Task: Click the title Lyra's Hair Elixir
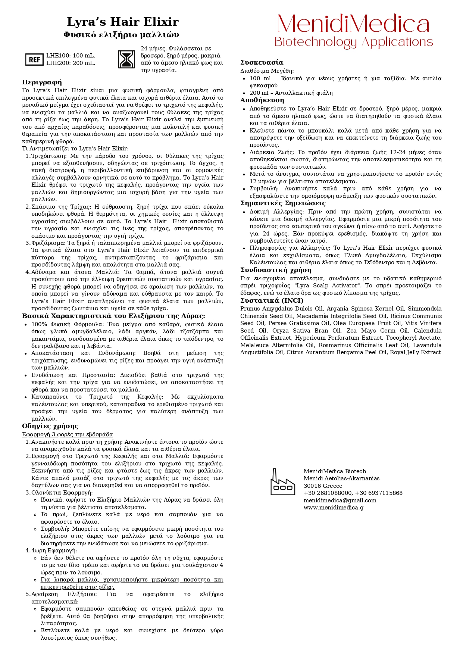tap(123, 22)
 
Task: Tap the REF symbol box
tap(34, 59)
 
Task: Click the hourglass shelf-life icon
tap(126, 59)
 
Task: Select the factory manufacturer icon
tap(282, 482)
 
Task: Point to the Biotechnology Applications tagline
tap(353, 42)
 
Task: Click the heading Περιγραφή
tap(42, 82)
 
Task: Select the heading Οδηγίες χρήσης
tap(50, 426)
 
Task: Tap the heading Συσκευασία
tap(262, 62)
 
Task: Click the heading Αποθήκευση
tap(262, 100)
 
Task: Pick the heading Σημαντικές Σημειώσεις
tap(283, 203)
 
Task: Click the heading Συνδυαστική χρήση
tap(276, 270)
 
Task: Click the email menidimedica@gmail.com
tap(340, 500)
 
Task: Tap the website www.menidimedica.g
tap(334, 508)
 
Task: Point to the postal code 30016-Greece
tap(323, 486)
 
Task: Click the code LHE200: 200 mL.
tap(71, 63)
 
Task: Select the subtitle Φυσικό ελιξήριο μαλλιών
tap(121, 35)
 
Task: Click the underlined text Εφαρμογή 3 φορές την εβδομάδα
tap(67, 434)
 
